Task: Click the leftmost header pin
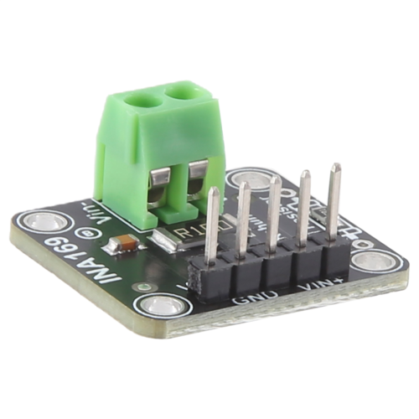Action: (213, 226)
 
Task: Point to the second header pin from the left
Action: (244, 220)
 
